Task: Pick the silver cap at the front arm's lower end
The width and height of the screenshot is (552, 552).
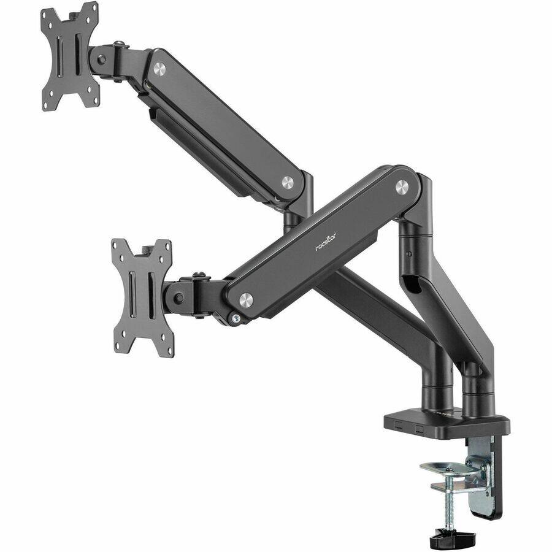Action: [x=246, y=299]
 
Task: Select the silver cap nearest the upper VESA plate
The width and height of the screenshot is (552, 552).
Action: [x=160, y=69]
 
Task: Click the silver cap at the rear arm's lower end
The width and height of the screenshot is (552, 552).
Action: [x=287, y=182]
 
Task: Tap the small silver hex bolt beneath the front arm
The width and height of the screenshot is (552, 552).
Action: [x=235, y=318]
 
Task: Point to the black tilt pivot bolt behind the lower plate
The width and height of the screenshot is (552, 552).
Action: [x=178, y=298]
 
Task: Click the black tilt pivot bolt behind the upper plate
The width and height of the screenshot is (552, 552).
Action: [x=102, y=59]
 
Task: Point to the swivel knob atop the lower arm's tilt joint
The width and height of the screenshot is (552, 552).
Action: [x=197, y=277]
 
